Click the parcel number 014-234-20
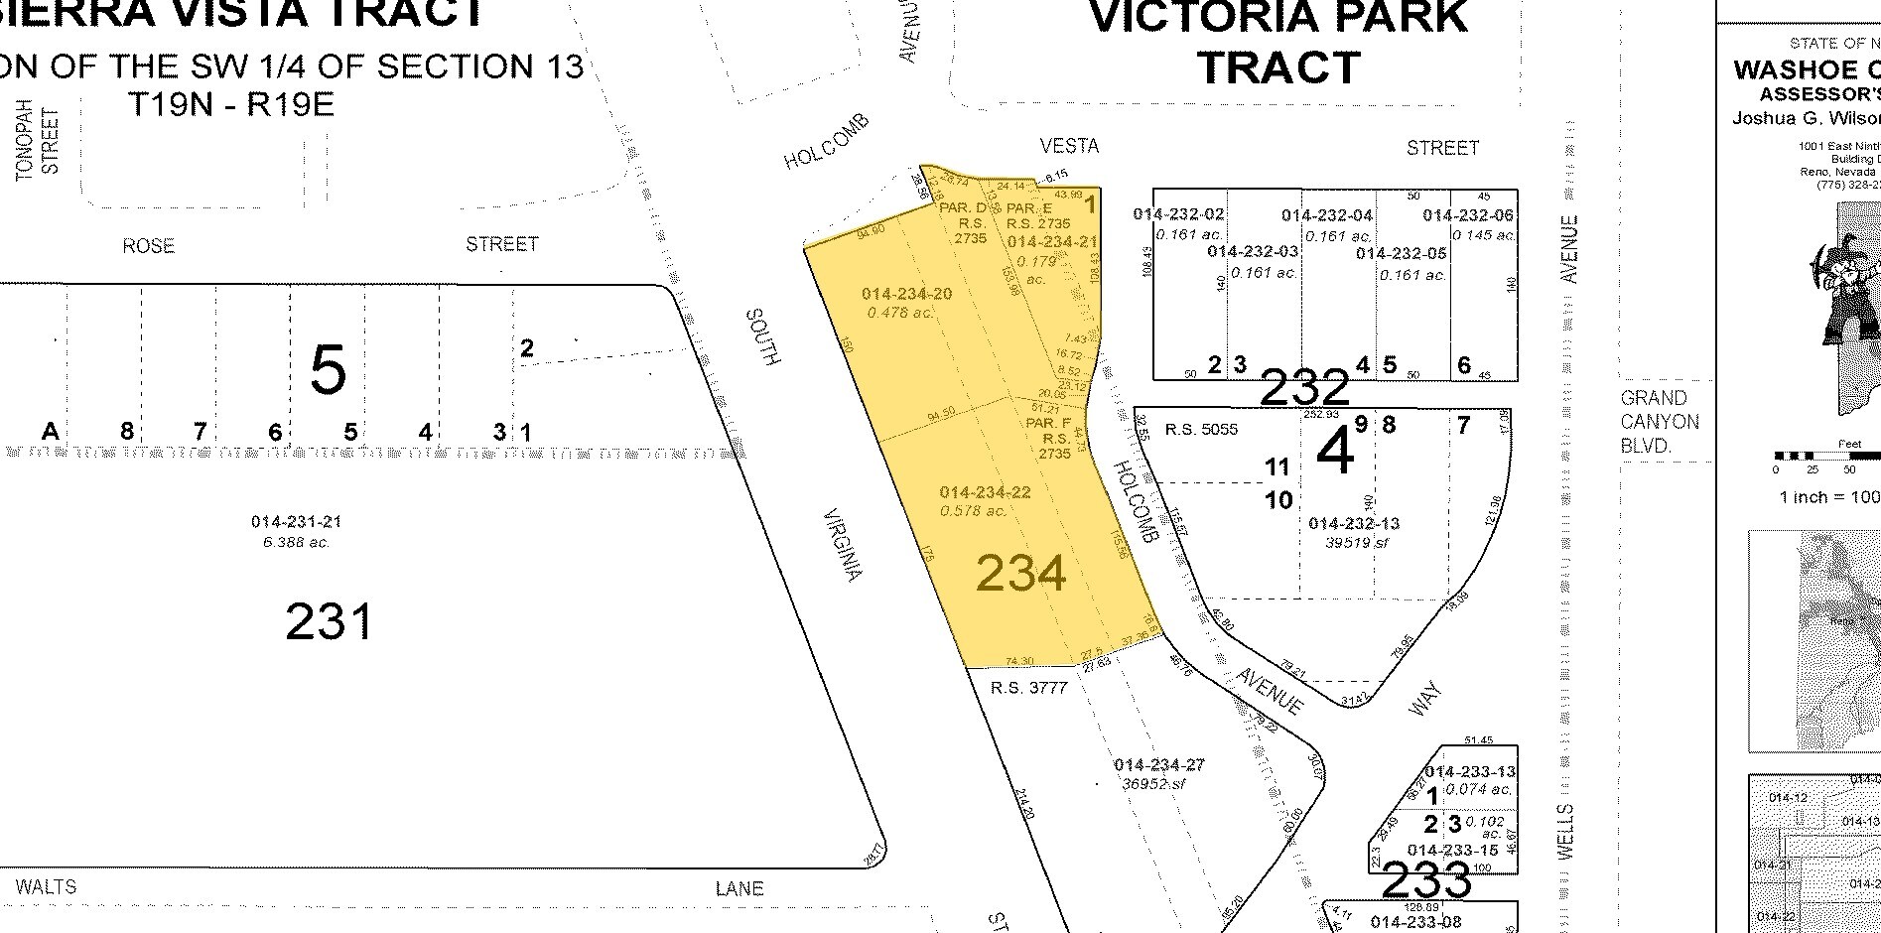906,294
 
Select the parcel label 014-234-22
985,492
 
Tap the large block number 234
1020,574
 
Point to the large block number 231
330,622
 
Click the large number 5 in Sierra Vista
328,370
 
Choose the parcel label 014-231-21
296,522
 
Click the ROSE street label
148,245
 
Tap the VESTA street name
1069,146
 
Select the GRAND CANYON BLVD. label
1660,422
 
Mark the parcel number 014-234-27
1159,765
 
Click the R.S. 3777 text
1029,687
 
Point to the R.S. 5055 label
1201,430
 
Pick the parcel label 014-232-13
1354,524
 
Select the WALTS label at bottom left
47,886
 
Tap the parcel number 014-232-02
1178,214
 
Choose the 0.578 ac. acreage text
973,510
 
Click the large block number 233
1425,879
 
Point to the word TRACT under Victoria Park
1278,67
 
